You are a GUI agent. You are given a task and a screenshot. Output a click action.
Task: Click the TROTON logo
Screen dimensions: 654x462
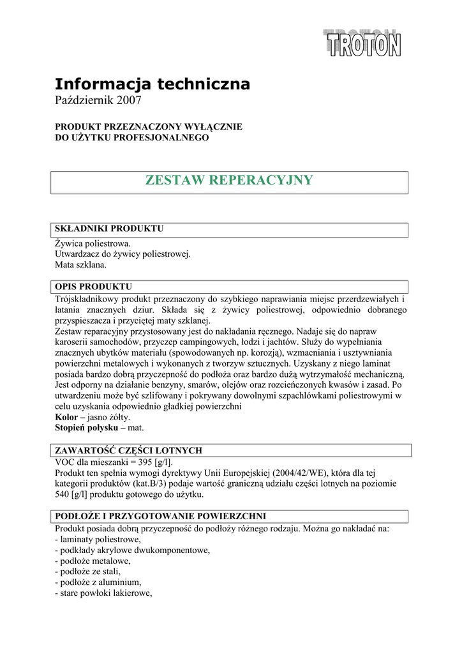point(362,43)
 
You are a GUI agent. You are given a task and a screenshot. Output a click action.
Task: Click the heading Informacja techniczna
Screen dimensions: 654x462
point(152,84)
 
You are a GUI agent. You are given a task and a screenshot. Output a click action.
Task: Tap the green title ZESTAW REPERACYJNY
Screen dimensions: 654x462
point(230,180)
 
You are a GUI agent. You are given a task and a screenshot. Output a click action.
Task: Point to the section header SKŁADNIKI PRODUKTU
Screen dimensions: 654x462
point(109,229)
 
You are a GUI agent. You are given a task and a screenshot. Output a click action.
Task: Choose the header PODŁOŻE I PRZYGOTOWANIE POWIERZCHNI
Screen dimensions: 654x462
point(160,515)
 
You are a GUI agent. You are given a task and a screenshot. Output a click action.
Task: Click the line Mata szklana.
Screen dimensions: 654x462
point(81,264)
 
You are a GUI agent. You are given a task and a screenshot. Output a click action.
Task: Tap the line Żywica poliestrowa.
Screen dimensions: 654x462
point(93,243)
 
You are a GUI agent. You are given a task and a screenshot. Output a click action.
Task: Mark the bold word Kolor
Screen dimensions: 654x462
point(68,416)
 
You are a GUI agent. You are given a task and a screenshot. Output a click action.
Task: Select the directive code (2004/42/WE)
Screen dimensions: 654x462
point(298,473)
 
